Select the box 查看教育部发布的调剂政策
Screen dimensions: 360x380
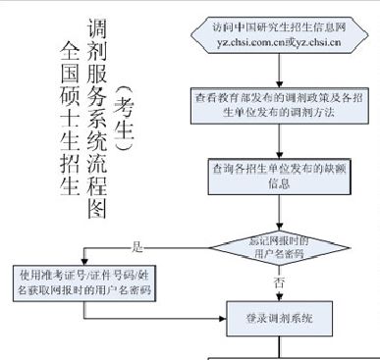(281, 105)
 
